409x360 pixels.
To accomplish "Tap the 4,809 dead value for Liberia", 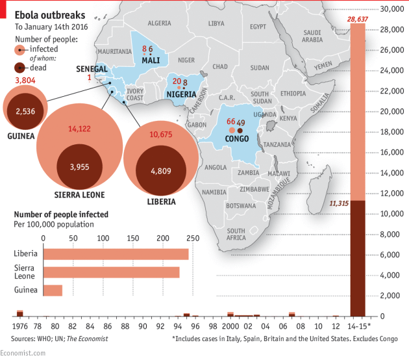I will [160, 171].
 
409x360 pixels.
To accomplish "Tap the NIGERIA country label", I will [181, 94].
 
